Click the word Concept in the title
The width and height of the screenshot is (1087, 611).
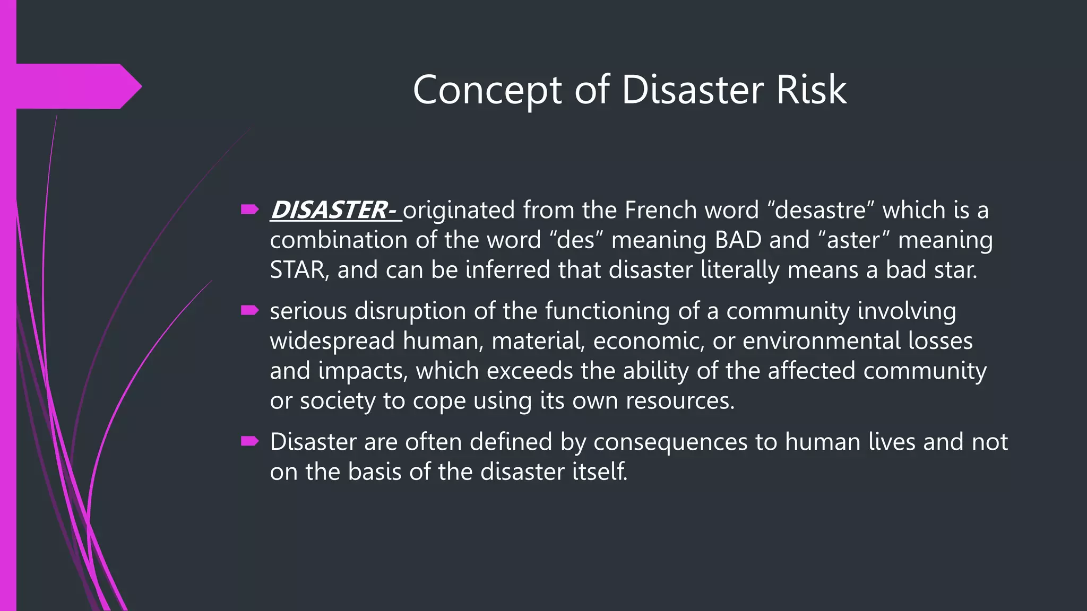[487, 90]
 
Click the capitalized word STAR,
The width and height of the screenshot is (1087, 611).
[299, 270]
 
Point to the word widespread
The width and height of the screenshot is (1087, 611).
[332, 341]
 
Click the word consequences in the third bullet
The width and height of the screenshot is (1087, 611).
[670, 442]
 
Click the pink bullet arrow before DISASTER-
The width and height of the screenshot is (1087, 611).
[249, 210]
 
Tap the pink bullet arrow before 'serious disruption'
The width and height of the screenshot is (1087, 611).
[249, 310]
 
